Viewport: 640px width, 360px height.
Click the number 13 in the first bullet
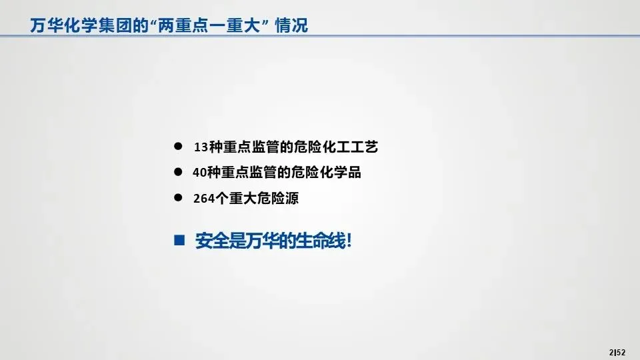[x=201, y=147]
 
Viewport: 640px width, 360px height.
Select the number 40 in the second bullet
[x=199, y=173]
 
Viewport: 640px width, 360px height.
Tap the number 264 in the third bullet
[x=204, y=199]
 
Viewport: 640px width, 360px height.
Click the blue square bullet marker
[x=179, y=240]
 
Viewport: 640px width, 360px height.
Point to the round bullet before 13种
[x=178, y=146]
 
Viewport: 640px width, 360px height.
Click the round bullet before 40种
[x=178, y=172]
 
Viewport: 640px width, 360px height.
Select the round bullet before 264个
[x=178, y=197]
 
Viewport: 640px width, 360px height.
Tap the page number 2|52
[x=617, y=352]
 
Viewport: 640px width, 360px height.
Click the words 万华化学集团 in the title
[x=81, y=25]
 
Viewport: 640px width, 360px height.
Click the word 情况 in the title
[x=291, y=25]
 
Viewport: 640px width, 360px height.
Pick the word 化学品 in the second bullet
[x=341, y=173]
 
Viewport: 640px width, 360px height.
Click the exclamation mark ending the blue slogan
[x=349, y=241]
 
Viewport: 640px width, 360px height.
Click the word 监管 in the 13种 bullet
[x=265, y=147]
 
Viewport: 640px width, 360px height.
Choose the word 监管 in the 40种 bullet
[x=264, y=173]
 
